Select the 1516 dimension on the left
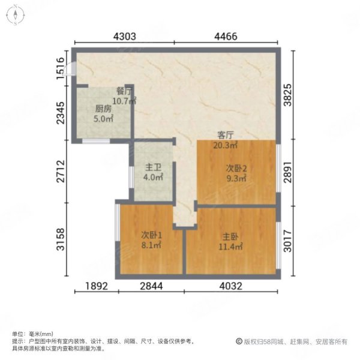[61, 67]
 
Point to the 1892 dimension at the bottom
[96, 286]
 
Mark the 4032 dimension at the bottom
[230, 286]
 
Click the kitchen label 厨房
[103, 110]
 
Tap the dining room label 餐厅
[124, 92]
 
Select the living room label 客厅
[225, 136]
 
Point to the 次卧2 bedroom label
[236, 169]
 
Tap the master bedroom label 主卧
[230, 236]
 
